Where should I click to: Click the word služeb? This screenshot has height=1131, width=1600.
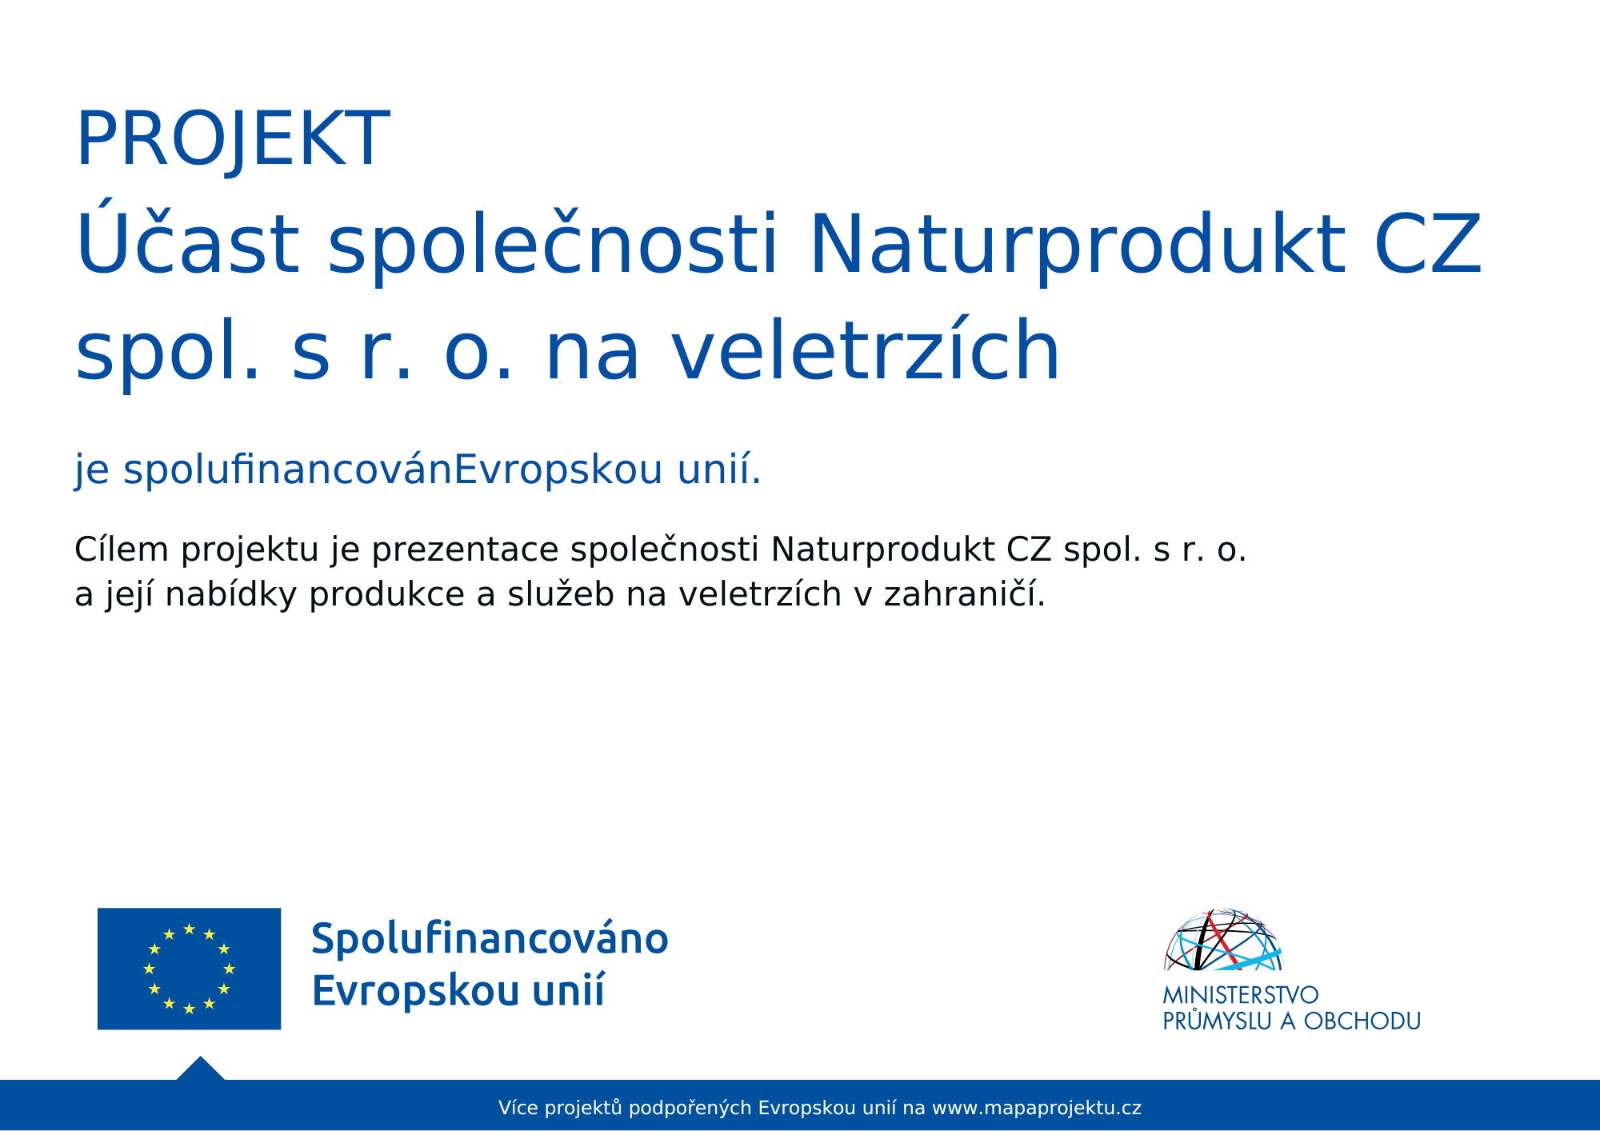click(561, 593)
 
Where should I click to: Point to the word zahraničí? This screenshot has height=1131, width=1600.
click(965, 594)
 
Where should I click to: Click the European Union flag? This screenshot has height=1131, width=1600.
click(189, 969)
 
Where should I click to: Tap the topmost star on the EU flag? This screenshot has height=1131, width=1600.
click(189, 929)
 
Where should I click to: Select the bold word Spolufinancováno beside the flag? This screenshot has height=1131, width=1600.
click(490, 940)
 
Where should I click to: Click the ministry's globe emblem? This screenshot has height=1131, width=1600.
click(1223, 940)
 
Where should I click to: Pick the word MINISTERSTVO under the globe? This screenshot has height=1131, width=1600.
click(1241, 995)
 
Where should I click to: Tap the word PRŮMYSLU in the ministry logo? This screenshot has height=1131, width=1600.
click(1217, 1020)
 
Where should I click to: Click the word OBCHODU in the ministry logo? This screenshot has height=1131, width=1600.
click(1362, 1021)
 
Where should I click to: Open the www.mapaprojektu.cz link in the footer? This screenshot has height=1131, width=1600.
click(1037, 1109)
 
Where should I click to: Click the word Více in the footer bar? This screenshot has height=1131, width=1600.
click(518, 1108)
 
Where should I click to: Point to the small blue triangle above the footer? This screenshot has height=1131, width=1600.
click(200, 1070)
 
